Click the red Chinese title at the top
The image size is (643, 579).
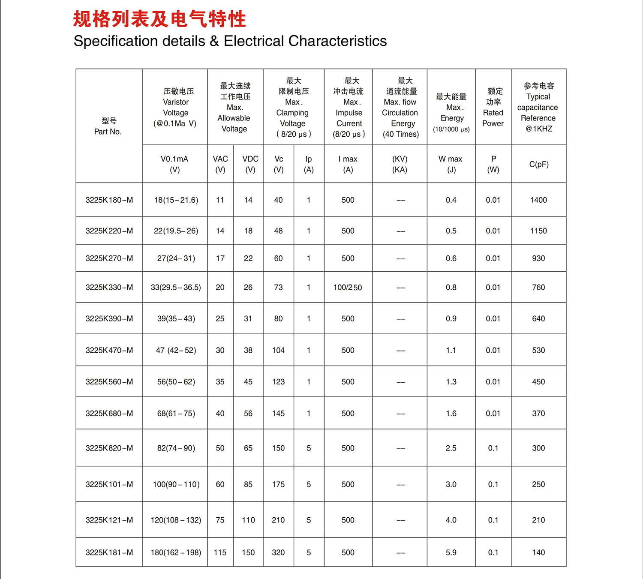[159, 19]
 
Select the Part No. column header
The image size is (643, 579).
[108, 126]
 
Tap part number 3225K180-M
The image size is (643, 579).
[109, 200]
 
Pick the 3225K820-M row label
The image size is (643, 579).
[109, 448]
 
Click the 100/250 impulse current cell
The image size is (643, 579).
[348, 288]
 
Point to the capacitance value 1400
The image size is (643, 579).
[538, 200]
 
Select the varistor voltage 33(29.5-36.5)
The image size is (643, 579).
[176, 288]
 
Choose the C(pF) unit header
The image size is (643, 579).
[539, 164]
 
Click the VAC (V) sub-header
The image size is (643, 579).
[220, 164]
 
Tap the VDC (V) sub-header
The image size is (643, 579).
[250, 164]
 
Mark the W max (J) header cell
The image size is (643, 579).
[451, 164]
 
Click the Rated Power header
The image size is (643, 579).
[493, 107]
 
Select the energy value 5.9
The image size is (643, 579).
[451, 553]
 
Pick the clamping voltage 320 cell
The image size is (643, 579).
[278, 553]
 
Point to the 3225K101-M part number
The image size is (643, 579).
[109, 485]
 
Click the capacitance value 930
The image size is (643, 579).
[538, 258]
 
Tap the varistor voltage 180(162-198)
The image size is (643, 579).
[176, 553]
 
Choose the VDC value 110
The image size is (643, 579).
[248, 520]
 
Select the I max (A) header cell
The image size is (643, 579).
[348, 164]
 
